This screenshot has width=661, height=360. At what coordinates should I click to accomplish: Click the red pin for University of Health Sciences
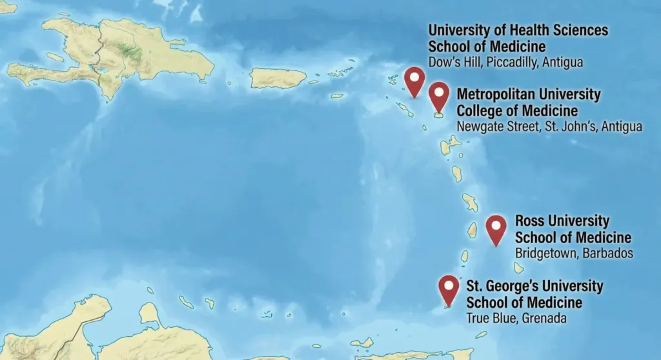414,80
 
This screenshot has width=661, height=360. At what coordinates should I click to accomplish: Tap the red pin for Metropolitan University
439,95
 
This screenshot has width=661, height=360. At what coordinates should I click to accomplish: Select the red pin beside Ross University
496,228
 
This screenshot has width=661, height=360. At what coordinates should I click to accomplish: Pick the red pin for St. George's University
449,288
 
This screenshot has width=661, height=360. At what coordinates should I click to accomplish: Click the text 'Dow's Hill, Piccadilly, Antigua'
505,63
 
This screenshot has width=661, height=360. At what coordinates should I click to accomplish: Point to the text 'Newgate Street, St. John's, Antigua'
549,126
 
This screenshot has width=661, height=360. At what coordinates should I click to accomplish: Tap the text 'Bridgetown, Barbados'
574,253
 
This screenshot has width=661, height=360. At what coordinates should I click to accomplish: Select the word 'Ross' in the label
531,221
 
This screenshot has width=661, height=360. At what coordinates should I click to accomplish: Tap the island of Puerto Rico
278,78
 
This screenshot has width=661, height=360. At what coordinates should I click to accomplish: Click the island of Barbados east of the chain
518,267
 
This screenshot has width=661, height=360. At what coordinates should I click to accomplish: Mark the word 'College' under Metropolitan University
481,110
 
